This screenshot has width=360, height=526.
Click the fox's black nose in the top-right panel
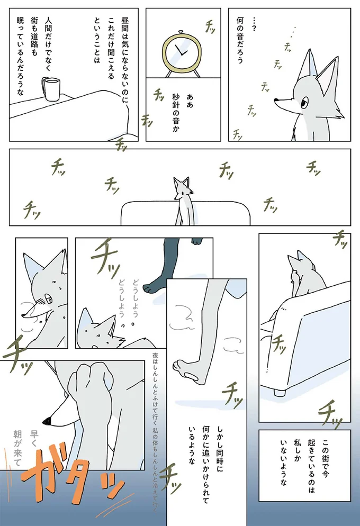click(277, 98)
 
